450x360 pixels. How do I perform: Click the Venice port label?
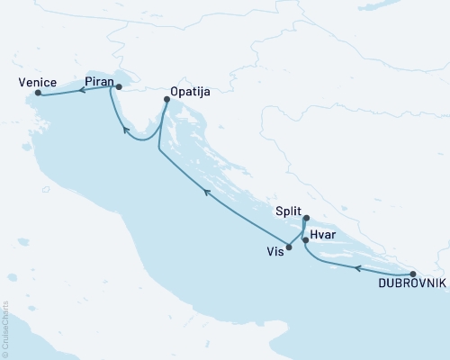click(x=36, y=81)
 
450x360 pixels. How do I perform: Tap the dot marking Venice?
click(x=37, y=93)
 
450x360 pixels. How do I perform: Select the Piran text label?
click(x=98, y=81)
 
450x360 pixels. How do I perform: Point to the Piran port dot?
click(x=119, y=87)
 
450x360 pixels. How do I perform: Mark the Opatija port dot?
click(x=166, y=101)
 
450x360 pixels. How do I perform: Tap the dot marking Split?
click(x=307, y=217)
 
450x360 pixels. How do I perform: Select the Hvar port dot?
click(x=305, y=240)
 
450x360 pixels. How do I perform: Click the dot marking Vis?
click(x=289, y=247)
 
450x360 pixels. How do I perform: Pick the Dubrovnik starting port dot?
click(x=412, y=274)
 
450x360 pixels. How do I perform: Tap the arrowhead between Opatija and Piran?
click(x=125, y=131)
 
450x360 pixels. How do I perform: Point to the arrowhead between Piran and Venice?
click(x=79, y=89)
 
